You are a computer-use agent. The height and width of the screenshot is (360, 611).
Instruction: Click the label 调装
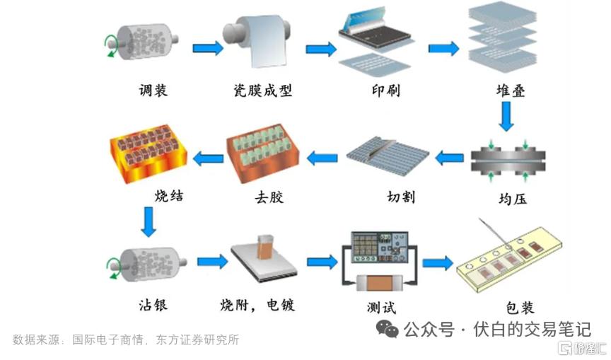[153, 91]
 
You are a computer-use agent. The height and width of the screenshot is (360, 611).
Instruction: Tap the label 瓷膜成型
[262, 91]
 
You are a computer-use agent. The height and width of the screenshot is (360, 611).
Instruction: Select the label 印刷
[386, 91]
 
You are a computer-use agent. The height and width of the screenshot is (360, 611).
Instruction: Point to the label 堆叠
[511, 91]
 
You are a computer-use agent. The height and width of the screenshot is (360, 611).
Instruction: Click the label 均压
[513, 199]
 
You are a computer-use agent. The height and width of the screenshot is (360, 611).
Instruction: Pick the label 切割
[401, 197]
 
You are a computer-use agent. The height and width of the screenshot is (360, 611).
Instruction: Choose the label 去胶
[269, 197]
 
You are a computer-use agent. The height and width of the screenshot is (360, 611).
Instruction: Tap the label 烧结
[169, 195]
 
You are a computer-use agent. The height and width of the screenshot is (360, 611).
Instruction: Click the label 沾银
[153, 304]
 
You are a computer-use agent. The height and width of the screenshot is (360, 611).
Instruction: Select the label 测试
[381, 308]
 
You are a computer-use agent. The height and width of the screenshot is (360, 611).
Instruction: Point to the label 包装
[520, 308]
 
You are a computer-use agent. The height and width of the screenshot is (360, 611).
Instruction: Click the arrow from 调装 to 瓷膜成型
[208, 48]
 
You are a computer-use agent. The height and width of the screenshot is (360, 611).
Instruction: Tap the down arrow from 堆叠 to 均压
[506, 117]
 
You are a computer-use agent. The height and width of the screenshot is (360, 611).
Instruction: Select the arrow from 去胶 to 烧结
[209, 158]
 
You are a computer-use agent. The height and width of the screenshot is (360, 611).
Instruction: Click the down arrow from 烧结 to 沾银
[149, 221]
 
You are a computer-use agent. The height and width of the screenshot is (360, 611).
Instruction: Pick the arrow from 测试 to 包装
[438, 263]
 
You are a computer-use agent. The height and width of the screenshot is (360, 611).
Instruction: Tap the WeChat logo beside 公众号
[387, 329]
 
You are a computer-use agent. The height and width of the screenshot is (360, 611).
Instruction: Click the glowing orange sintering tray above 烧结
[149, 153]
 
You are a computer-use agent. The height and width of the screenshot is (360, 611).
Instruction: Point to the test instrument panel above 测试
[380, 248]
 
